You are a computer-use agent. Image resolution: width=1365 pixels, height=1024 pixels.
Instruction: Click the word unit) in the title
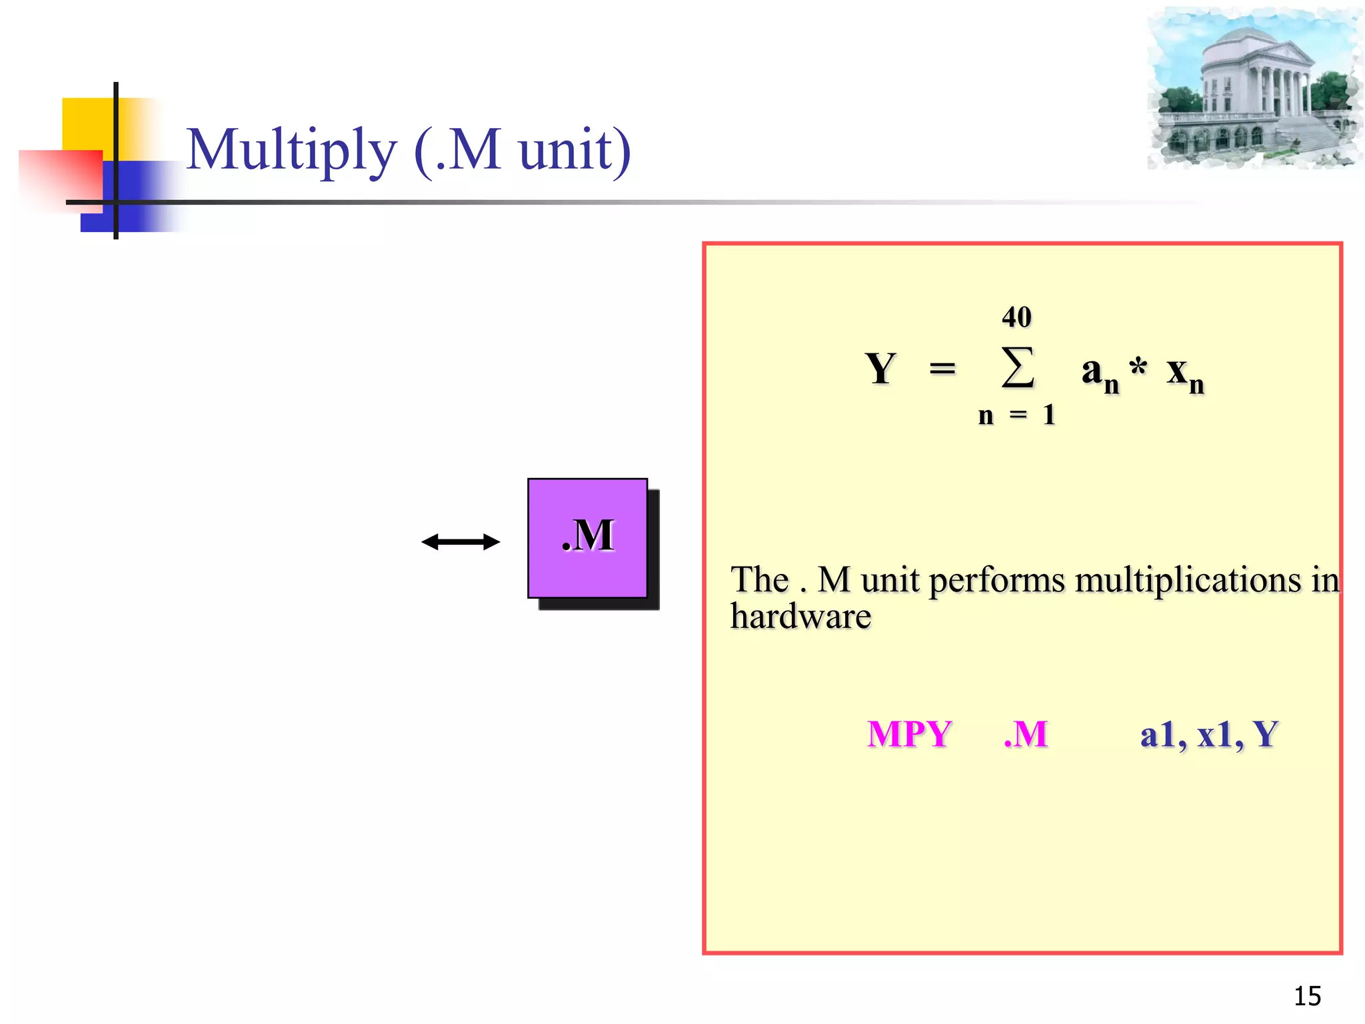(574, 150)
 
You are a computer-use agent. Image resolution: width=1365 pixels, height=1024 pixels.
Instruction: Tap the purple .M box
(587, 537)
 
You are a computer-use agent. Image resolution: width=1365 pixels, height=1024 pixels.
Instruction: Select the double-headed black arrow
(461, 542)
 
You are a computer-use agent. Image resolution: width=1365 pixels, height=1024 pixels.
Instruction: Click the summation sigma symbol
(1018, 367)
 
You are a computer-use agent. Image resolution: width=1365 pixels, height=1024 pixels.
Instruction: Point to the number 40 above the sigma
(1016, 317)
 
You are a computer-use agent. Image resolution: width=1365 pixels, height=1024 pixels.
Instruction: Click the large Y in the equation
(880, 369)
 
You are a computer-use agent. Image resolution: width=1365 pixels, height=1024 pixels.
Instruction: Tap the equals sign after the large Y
(942, 368)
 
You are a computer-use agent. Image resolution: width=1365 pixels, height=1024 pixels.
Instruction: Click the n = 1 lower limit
(1016, 415)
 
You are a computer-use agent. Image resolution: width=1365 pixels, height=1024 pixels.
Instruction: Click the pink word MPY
(909, 734)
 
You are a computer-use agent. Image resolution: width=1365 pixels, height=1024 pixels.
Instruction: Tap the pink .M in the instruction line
(1026, 734)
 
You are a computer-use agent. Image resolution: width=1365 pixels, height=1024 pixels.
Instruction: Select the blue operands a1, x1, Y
(1208, 735)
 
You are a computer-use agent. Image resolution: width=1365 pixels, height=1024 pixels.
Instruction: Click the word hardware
(800, 617)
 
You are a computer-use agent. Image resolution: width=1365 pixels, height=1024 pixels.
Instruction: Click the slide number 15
(1307, 996)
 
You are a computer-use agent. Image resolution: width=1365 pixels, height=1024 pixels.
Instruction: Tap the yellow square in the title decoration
(87, 124)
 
